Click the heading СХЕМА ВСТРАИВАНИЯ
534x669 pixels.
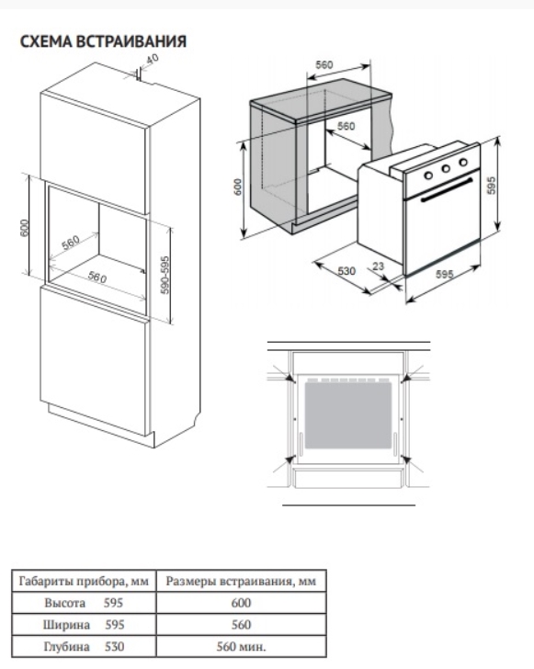click(103, 41)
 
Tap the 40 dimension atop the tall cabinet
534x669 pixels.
click(152, 59)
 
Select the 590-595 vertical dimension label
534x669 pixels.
click(165, 275)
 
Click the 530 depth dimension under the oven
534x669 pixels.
click(347, 270)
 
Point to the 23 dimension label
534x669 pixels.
click(378, 266)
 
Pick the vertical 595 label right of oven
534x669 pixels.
click(492, 186)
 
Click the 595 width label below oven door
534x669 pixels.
click(444, 274)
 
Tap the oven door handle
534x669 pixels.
click(447, 189)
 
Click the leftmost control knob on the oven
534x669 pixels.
click(428, 175)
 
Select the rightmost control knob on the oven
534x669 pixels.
click(463, 162)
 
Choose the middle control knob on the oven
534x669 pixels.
click(446, 168)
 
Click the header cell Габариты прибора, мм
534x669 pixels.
click(84, 581)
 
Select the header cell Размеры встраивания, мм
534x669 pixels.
click(241, 581)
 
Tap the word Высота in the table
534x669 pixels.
click(65, 603)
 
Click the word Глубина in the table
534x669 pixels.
click(66, 646)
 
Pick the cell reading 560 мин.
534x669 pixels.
click(241, 646)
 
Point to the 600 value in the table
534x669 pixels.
click(241, 603)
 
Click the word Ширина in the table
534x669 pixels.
click(66, 625)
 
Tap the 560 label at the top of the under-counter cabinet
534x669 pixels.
click(324, 65)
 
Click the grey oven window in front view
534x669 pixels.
click(348, 415)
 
